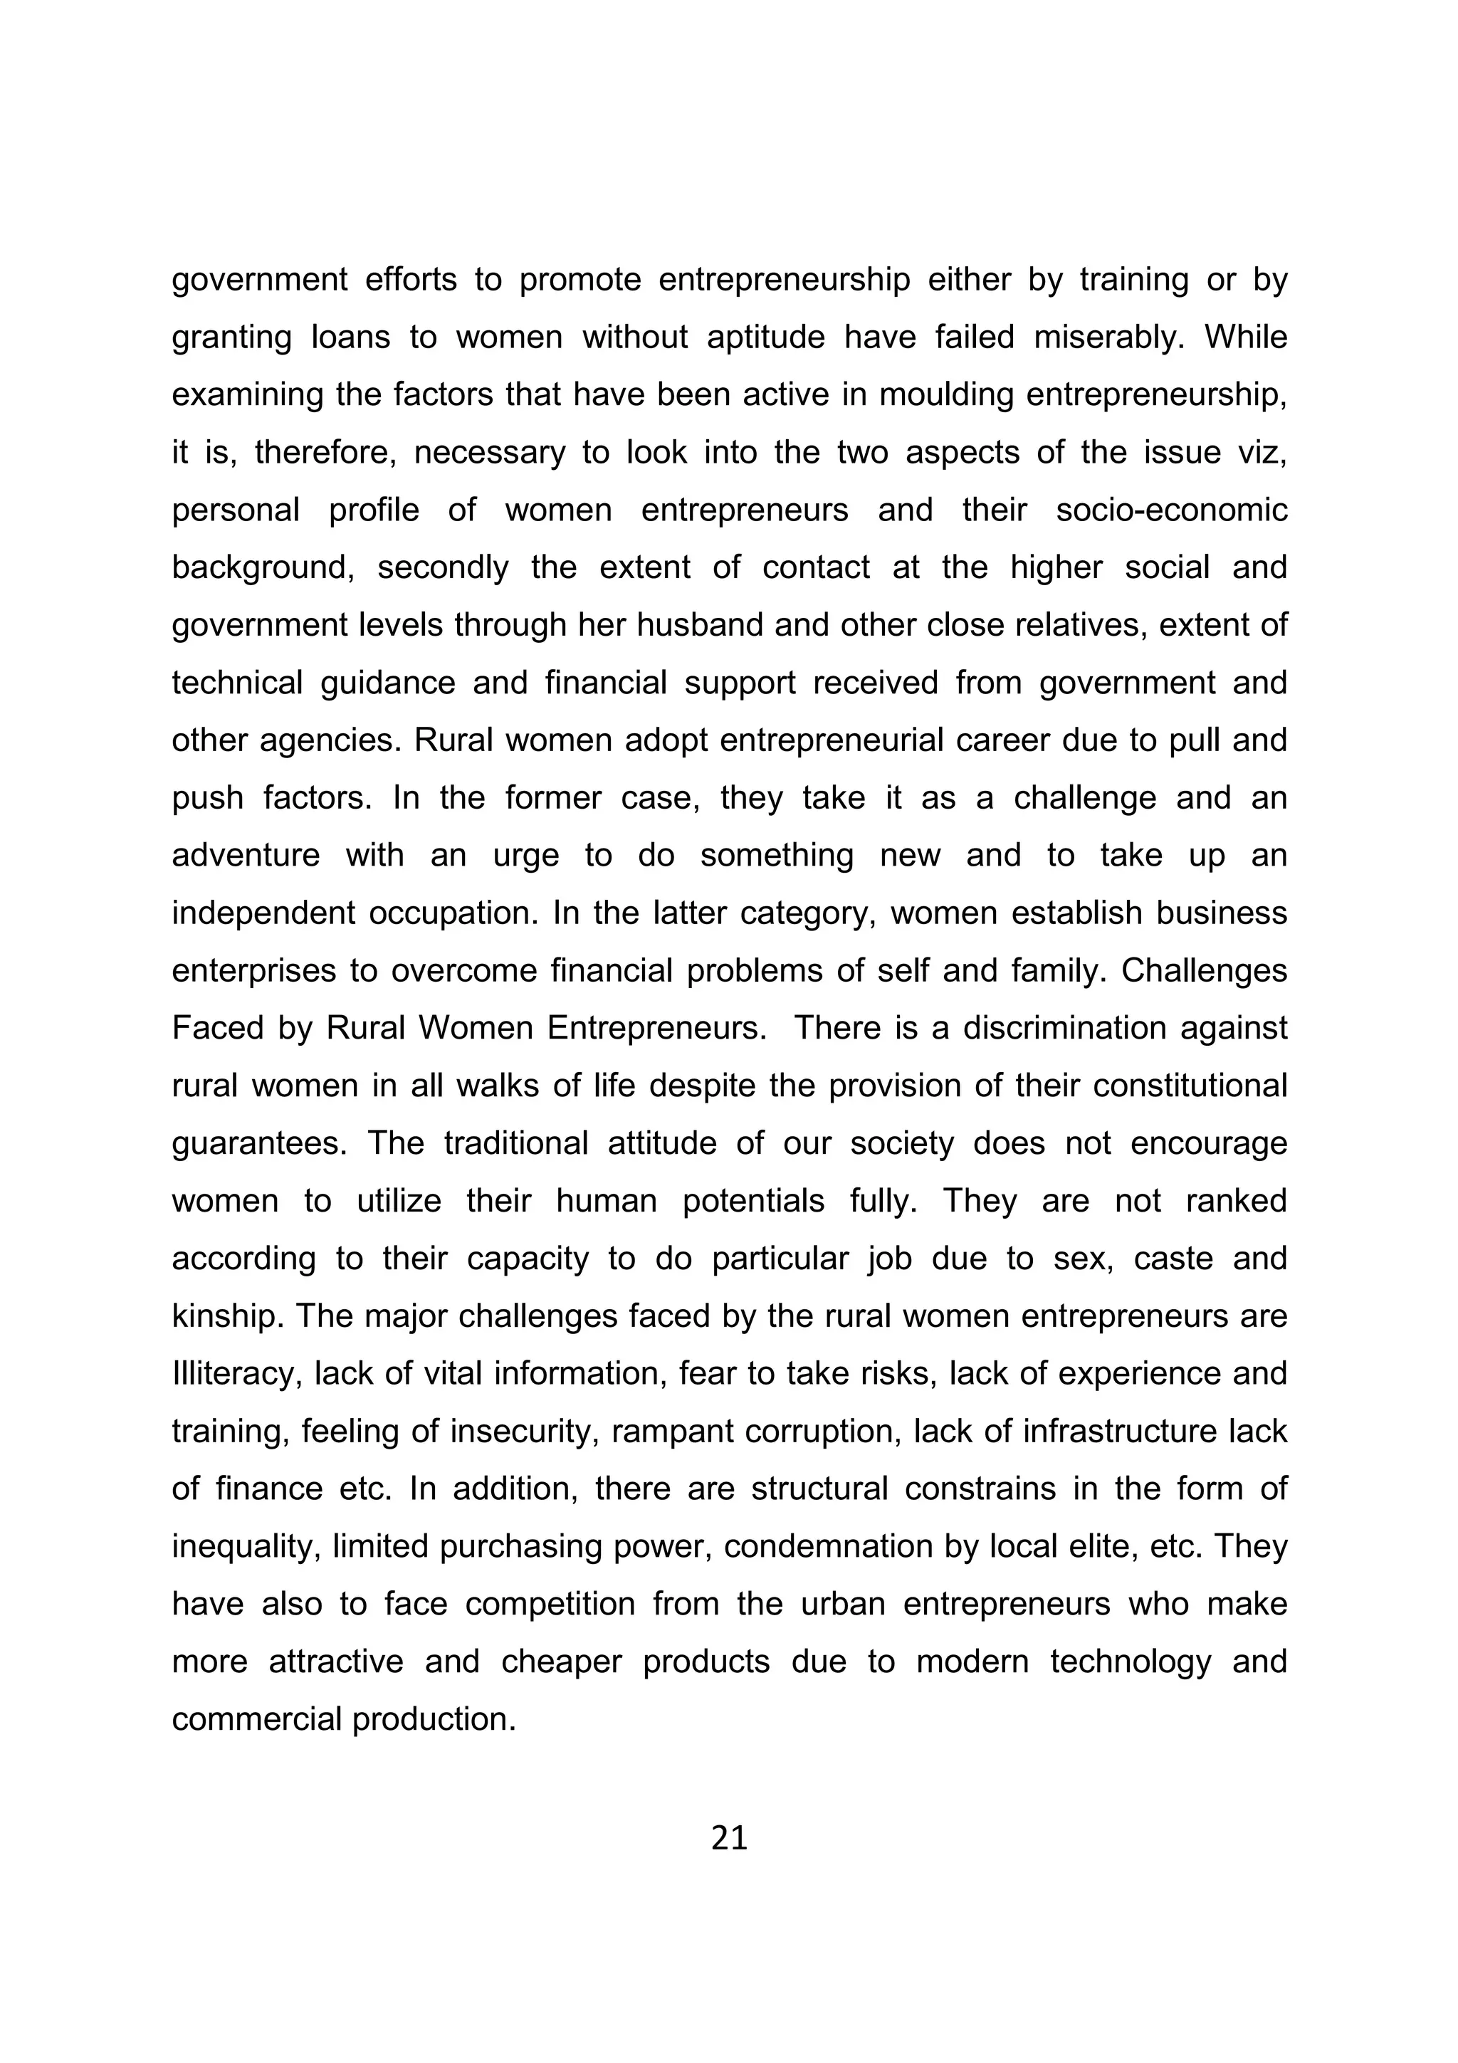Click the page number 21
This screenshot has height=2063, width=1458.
728,1838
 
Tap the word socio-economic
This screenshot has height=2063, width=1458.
1171,510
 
